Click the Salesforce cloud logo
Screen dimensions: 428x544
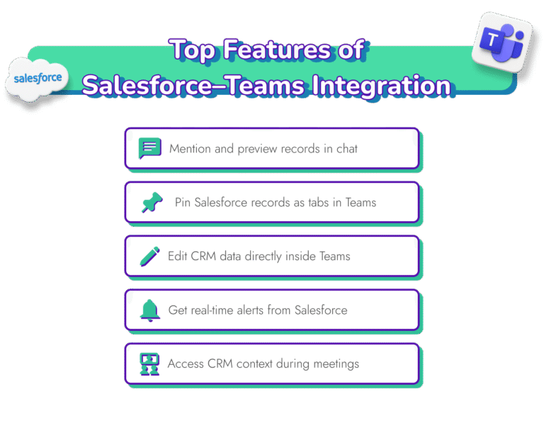click(38, 79)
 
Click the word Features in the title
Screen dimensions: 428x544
click(293, 51)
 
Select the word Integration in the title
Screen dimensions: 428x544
click(382, 85)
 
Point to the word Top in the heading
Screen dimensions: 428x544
click(193, 51)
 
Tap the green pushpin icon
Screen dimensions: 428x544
click(152, 203)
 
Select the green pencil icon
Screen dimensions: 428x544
click(149, 257)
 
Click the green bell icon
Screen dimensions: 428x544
click(149, 310)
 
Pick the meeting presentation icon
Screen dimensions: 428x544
click(149, 364)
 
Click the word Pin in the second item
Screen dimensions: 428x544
click(183, 203)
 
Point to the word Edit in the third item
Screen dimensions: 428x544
click(177, 257)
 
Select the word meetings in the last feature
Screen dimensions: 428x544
click(334, 364)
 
